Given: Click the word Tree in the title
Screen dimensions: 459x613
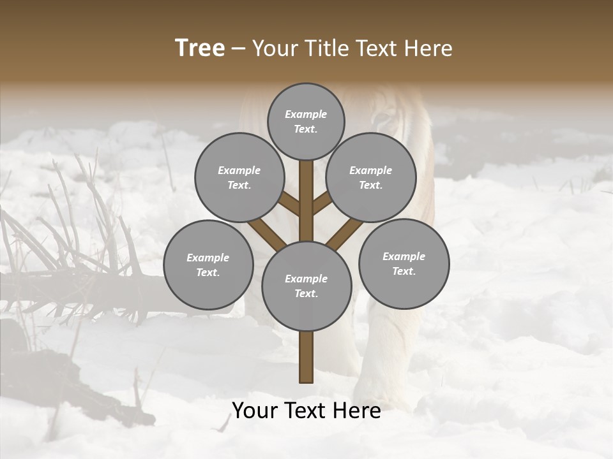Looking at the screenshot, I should [200, 48].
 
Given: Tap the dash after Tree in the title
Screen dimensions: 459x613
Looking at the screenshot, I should [238, 49].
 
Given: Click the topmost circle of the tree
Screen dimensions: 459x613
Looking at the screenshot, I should [306, 121].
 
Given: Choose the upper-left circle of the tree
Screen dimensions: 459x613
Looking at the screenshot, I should [239, 177].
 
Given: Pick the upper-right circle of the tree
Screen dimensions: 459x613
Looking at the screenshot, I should [371, 177].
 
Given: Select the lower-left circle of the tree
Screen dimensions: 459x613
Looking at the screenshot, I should [208, 265].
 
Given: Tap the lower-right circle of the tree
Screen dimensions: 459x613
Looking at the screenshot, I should [404, 263].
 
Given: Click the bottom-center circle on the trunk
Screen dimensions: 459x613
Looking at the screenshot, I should [306, 286].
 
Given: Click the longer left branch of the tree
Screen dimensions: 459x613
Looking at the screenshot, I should [267, 233].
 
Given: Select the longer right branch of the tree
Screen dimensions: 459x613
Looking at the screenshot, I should [345, 233].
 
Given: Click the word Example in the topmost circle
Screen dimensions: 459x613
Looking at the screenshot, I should [306, 114].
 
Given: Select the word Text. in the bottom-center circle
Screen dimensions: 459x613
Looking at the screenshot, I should [306, 293].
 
